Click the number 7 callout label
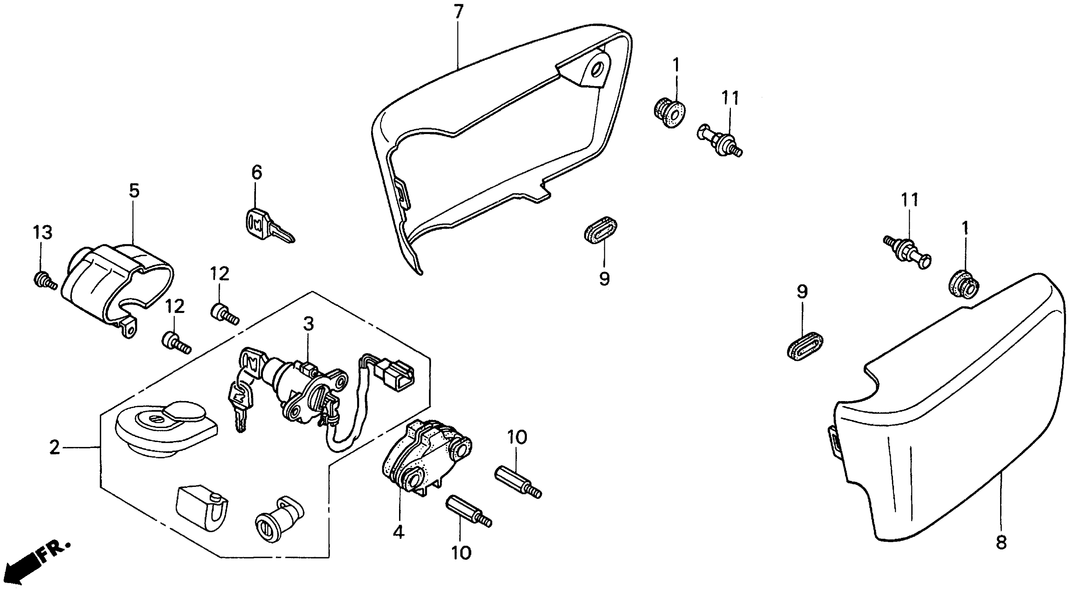pos(458,12)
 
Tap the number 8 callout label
pos(1001,542)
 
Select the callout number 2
pos(54,448)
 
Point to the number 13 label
pos(43,232)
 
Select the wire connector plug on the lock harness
pos(396,371)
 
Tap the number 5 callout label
pos(134,191)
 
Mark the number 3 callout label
pos(308,324)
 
